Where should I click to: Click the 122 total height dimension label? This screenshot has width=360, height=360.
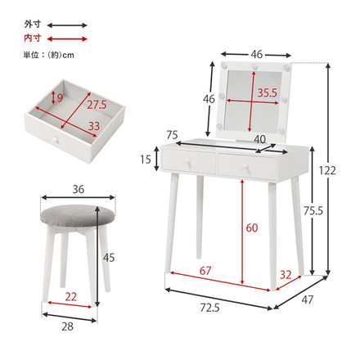point(327,171)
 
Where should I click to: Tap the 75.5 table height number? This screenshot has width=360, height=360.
point(313,210)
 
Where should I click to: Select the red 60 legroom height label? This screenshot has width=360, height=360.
point(252,227)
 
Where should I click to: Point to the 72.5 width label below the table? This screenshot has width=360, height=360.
point(209,308)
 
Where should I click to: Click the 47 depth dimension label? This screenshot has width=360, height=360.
point(308,300)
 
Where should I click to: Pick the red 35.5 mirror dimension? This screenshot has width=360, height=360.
point(268,93)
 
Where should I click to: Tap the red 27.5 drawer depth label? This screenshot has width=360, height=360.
point(97,105)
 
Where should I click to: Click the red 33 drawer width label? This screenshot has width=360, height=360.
point(94,126)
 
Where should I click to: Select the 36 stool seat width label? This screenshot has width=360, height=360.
point(79,189)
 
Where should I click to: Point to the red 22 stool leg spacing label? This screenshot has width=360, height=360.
point(70,297)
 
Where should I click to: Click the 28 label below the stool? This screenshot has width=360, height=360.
point(67,326)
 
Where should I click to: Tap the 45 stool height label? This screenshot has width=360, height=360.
point(109,258)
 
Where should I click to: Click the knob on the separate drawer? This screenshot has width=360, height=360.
point(56,140)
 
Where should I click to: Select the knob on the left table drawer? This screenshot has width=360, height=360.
point(187,162)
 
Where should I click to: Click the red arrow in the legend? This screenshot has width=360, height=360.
point(67,38)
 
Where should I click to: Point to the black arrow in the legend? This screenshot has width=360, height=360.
point(67,25)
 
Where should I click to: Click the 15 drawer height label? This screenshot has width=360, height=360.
point(146,160)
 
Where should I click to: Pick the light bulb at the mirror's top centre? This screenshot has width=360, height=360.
point(255,66)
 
